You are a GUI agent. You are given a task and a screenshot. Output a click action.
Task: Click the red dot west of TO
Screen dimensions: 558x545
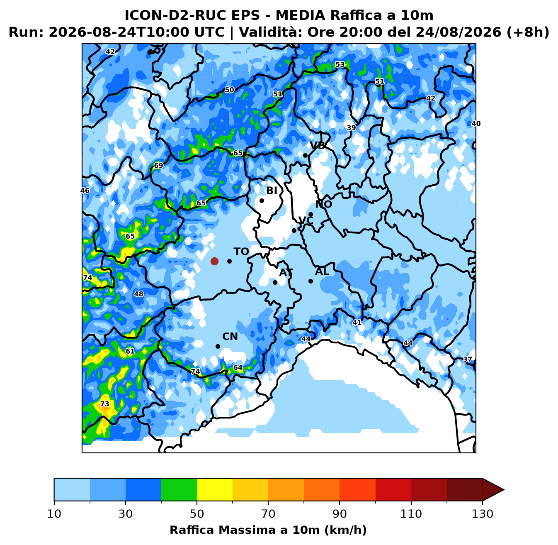coord(214,261)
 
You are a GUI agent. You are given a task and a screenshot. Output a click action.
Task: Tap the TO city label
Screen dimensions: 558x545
coord(241,252)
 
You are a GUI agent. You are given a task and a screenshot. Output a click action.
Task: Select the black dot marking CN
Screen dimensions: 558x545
coord(218,346)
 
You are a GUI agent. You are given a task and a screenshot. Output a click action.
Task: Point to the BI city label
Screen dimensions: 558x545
coord(272,191)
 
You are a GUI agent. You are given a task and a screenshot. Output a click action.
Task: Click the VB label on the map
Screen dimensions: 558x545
coord(318,145)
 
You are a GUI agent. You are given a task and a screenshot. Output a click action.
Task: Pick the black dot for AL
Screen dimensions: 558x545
coord(311,281)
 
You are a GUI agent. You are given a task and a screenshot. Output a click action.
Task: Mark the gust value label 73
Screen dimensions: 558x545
coord(104,404)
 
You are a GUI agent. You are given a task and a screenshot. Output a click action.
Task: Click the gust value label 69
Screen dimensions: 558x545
coord(158,165)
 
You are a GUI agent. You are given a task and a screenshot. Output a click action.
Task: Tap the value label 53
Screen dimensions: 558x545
coord(340,64)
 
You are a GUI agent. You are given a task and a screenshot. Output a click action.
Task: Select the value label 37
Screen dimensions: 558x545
coord(467,359)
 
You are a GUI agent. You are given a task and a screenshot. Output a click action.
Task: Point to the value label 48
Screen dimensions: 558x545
coord(139,294)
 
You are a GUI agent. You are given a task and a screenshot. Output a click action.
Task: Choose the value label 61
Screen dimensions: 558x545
coord(130,351)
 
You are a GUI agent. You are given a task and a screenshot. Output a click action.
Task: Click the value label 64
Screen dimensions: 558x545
coord(238,367)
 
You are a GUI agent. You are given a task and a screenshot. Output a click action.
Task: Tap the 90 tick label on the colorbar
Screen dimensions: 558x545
coord(340,514)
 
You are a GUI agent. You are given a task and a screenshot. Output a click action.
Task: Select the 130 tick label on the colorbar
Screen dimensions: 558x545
coord(482,514)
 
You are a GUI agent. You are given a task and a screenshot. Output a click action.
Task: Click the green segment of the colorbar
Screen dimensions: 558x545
coord(179,489)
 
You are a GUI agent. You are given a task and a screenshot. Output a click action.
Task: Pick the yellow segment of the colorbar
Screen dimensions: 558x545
coord(215,489)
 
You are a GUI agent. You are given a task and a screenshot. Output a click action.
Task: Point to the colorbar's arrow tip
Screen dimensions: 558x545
coord(504,489)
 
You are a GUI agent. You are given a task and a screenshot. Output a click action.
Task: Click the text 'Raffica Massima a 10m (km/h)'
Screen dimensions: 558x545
coord(268,530)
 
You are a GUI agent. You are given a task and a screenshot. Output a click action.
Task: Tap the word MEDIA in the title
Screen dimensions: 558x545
coord(300,15)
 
